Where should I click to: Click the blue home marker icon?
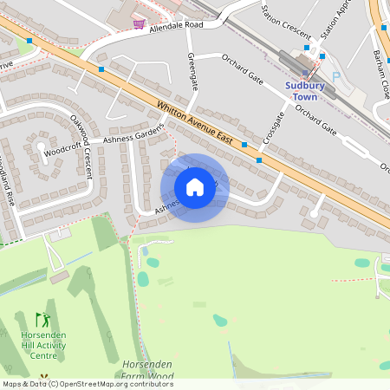coord(195,186)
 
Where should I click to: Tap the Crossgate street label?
coord(274,127)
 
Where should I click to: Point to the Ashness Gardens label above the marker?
coord(133,135)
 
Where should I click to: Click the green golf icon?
coord(42,320)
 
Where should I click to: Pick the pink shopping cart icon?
coord(139,23)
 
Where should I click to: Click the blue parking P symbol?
coord(336,76)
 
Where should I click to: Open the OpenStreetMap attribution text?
coord(87,384)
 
